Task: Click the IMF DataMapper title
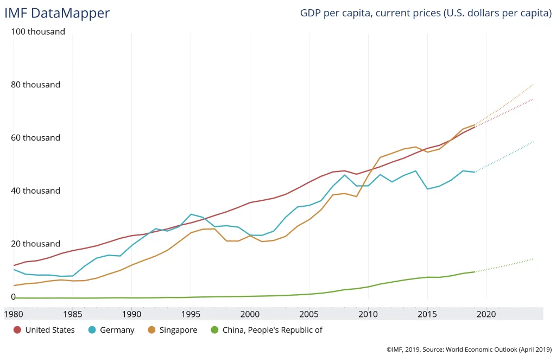click(57, 13)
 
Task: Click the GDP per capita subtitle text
click(426, 13)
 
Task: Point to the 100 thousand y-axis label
click(38, 31)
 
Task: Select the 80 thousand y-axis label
click(35, 85)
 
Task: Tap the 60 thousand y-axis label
click(35, 138)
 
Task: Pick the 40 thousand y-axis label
click(35, 191)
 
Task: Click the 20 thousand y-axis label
click(35, 244)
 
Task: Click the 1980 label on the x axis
click(14, 314)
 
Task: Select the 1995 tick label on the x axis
click(191, 314)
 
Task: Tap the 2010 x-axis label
click(368, 314)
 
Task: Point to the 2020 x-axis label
click(486, 314)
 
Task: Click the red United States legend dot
click(17, 330)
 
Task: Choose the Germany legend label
click(117, 330)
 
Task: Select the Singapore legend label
click(178, 330)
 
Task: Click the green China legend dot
click(214, 330)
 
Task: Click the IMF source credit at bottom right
click(469, 351)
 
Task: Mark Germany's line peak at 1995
click(191, 214)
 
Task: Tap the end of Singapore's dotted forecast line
click(534, 84)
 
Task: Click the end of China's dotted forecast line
click(534, 259)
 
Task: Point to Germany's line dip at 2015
click(427, 189)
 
